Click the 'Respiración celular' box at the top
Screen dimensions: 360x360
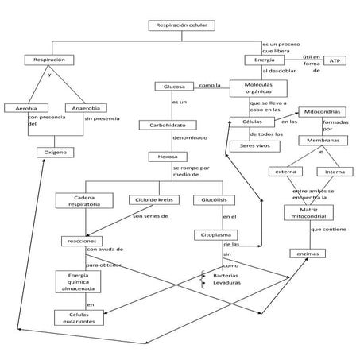[181, 25]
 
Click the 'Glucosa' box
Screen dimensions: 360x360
[174, 86]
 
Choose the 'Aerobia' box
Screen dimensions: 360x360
[21, 108]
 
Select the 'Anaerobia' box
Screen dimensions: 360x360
[86, 108]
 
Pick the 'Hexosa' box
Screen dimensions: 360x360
[168, 157]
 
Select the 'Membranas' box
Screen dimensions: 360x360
[323, 141]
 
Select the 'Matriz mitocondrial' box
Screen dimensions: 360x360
[306, 211]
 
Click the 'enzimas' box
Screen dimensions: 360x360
[306, 254]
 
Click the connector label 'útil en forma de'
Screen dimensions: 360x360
[312, 64]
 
